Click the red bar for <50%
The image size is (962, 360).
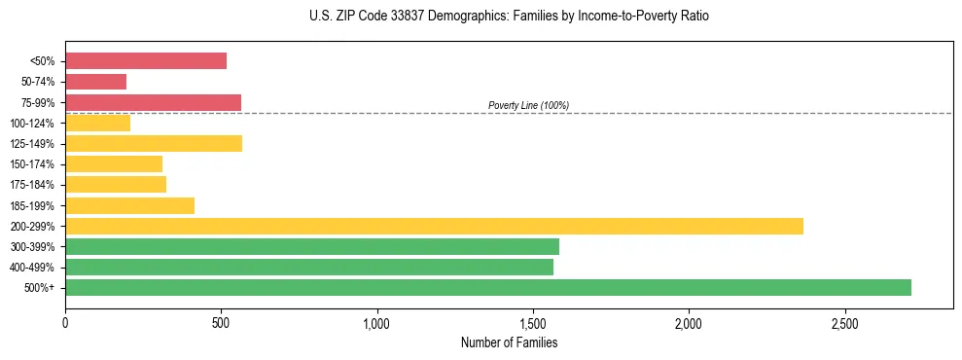[146, 60]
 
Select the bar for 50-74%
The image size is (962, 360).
[95, 82]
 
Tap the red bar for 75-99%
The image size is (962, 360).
[153, 102]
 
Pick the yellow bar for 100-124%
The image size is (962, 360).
[97, 123]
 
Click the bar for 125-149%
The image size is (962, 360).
[154, 143]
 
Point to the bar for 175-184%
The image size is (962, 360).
[116, 184]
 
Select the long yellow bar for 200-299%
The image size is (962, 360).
[434, 226]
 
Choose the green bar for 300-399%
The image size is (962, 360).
[312, 246]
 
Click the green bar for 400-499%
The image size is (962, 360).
[309, 267]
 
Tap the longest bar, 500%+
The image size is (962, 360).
[488, 287]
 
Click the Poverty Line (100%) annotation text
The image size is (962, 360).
[528, 105]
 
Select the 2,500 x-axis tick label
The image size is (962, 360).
[844, 323]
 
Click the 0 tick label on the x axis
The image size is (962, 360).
[65, 323]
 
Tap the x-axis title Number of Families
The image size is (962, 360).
[509, 342]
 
